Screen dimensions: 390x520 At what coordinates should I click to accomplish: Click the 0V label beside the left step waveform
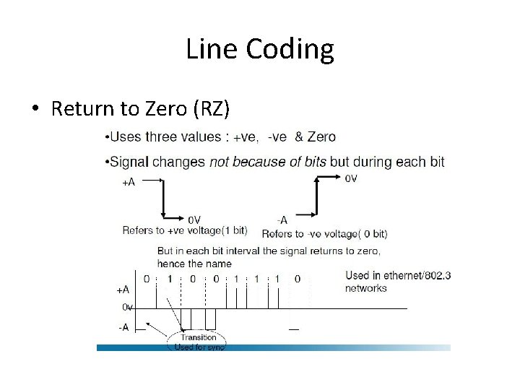pos(195,220)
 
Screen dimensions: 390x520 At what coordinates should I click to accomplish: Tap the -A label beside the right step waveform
pos(282,220)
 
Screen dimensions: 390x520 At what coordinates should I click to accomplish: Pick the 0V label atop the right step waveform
pos(350,178)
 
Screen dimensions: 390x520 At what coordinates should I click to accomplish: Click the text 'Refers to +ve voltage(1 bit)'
pos(185,231)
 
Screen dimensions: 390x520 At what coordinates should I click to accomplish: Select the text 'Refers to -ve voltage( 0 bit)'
pos(324,233)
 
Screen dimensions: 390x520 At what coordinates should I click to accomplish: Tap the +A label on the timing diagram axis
pos(123,290)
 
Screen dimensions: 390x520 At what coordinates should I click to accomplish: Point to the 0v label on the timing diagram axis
pos(126,308)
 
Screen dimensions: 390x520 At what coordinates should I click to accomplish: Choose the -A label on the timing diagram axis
pos(123,326)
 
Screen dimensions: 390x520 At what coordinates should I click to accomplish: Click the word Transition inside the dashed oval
pos(199,337)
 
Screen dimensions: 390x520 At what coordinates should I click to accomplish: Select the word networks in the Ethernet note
pos(366,288)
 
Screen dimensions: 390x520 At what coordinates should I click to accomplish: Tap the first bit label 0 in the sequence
pos(147,279)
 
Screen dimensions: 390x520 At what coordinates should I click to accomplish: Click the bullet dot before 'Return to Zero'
pos(35,109)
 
